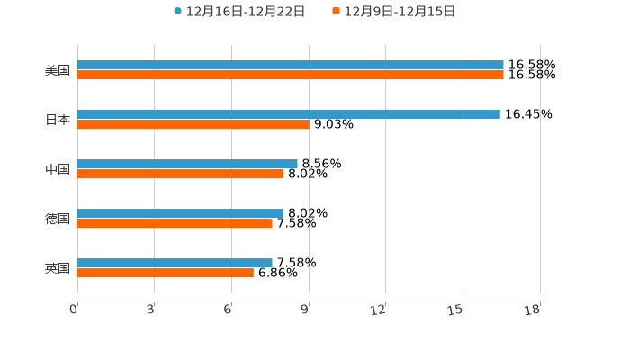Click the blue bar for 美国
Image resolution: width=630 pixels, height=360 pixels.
pyautogui.click(x=290, y=65)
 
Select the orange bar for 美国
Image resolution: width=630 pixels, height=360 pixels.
pyautogui.click(x=290, y=76)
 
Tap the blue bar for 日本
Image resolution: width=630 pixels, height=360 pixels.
pyautogui.click(x=288, y=114)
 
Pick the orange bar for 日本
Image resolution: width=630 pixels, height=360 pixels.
pyautogui.click(x=193, y=125)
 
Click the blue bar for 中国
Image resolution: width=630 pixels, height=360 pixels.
pyautogui.click(x=187, y=164)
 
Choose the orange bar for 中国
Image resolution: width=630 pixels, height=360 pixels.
pyautogui.click(x=180, y=175)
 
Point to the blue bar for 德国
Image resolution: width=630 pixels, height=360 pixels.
pyautogui.click(x=180, y=213)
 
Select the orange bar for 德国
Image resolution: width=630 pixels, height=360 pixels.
pyautogui.click(x=175, y=224)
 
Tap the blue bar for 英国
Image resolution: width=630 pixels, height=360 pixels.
pyautogui.click(x=175, y=263)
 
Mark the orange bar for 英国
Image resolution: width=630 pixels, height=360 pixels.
pyautogui.click(x=165, y=274)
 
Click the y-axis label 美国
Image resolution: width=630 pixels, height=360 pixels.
pyautogui.click(x=58, y=70)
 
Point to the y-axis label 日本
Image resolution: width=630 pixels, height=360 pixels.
pyautogui.click(x=58, y=120)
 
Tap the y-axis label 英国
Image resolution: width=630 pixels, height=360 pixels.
pyautogui.click(x=58, y=268)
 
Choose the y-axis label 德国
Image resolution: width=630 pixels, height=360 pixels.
pyautogui.click(x=58, y=219)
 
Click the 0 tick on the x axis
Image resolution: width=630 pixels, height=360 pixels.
pyautogui.click(x=74, y=310)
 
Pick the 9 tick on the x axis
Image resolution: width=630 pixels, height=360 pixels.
pyautogui.click(x=305, y=310)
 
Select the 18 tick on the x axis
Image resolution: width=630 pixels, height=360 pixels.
pyautogui.click(x=533, y=310)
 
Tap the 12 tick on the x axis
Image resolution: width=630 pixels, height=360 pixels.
pyautogui.click(x=379, y=310)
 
